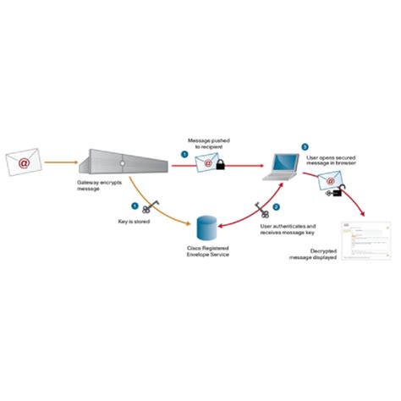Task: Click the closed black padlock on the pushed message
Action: (219, 169)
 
